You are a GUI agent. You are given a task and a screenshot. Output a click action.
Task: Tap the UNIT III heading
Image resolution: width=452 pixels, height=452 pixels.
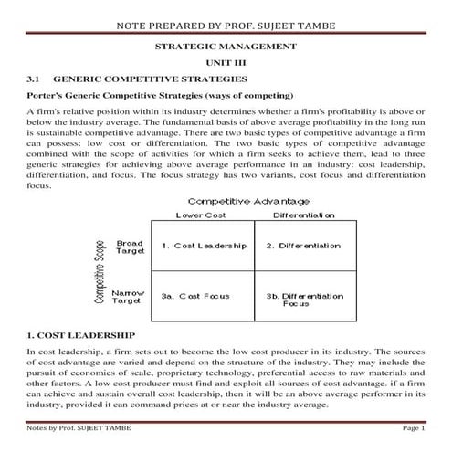226,62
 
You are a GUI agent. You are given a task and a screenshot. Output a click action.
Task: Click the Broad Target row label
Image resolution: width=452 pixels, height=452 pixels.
130,248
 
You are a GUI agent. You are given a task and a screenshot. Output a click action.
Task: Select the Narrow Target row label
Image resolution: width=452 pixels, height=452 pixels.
128,296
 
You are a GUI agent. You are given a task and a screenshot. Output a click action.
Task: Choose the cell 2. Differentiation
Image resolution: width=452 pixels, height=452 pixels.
303,246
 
